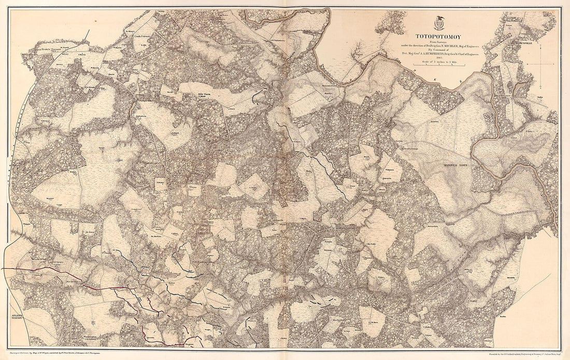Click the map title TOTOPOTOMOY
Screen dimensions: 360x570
(x=438, y=37)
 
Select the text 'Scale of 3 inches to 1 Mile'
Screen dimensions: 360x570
(x=438, y=62)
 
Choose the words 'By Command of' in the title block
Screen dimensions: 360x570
(x=438, y=50)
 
